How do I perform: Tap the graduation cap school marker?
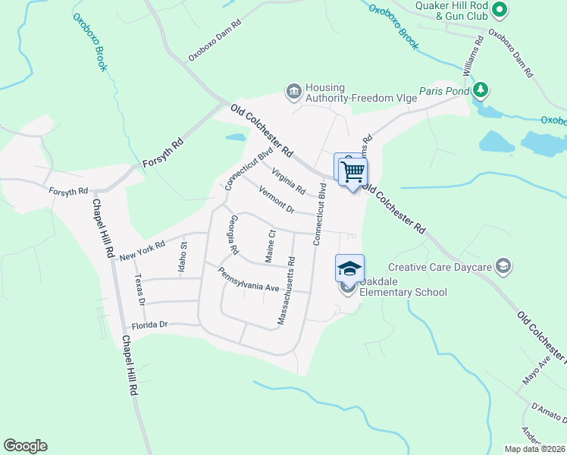click(x=349, y=269)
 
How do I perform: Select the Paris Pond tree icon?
click(x=481, y=90)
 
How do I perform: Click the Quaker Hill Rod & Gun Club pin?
click(x=499, y=10)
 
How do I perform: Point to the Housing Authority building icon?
click(x=293, y=92)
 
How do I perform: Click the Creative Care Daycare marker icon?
click(x=503, y=266)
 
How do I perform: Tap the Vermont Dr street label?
click(x=276, y=201)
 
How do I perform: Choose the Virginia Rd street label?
click(x=288, y=180)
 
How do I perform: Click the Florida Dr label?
click(x=149, y=325)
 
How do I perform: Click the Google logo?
click(x=25, y=446)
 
